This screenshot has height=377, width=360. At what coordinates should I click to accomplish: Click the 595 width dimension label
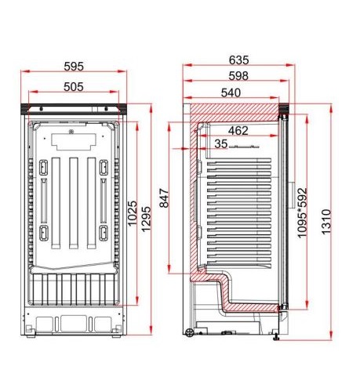(x=74, y=67)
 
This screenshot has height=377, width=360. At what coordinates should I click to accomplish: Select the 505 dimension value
(x=74, y=87)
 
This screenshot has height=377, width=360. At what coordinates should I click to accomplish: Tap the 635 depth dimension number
(x=238, y=60)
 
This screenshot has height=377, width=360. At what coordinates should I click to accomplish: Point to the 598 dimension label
(x=238, y=76)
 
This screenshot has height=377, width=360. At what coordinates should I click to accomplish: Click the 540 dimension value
(x=231, y=92)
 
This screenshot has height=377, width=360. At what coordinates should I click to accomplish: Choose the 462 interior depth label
(x=238, y=131)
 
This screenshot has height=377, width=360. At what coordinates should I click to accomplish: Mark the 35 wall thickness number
(x=221, y=143)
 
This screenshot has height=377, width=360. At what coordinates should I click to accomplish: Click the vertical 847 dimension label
(x=165, y=198)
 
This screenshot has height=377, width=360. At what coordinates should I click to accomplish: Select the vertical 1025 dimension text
(x=133, y=213)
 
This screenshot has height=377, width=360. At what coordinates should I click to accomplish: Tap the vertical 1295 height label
(x=146, y=219)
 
